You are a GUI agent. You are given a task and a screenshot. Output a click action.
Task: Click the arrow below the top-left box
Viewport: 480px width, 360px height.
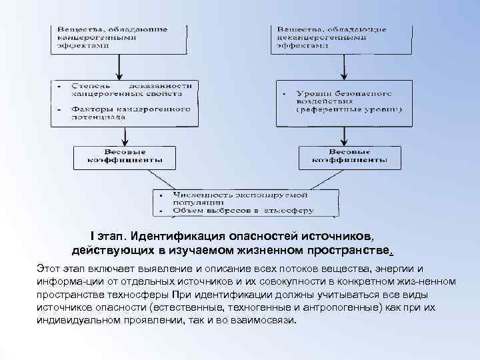coord(119,67)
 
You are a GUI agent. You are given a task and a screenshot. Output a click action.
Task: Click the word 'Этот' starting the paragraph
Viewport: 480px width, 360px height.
coord(49,268)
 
